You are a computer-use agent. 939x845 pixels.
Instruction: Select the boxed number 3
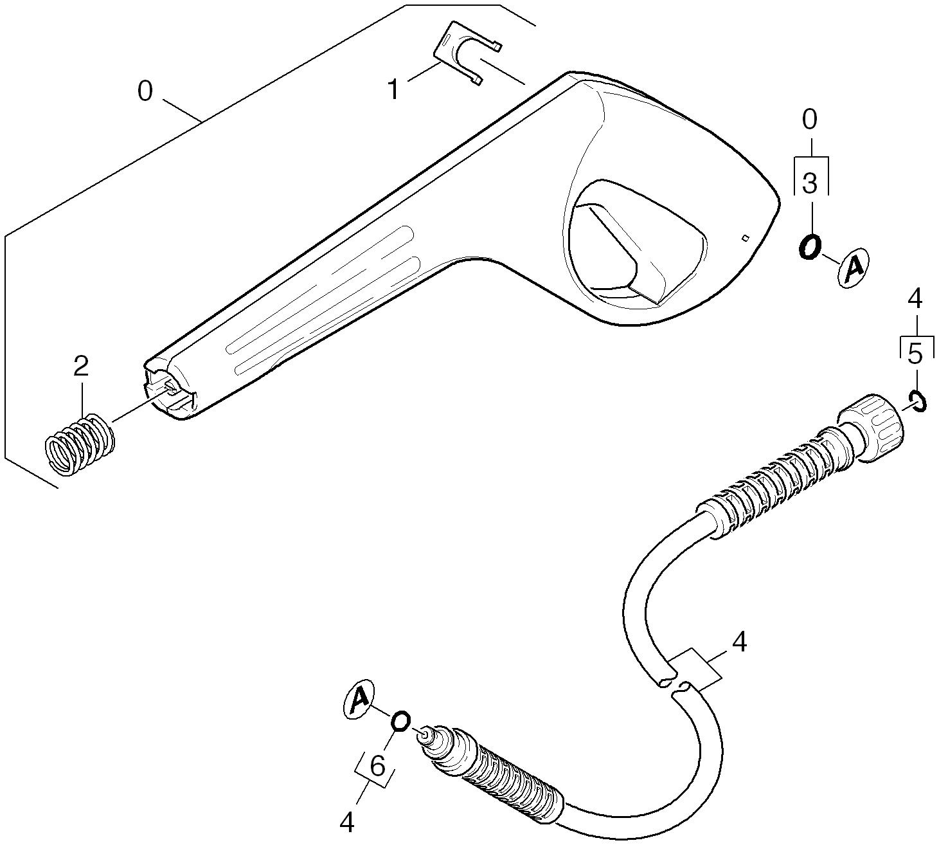pyautogui.click(x=810, y=184)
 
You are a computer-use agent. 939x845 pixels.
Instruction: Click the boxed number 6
pyautogui.click(x=377, y=767)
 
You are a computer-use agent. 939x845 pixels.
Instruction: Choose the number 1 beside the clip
pyautogui.click(x=394, y=90)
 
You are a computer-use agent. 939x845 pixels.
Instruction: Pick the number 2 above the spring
pyautogui.click(x=80, y=367)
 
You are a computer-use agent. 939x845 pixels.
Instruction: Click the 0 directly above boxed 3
pyautogui.click(x=810, y=120)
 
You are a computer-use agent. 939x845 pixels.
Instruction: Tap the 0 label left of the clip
pyautogui.click(x=145, y=91)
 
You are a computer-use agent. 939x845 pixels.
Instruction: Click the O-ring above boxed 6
pyautogui.click(x=401, y=721)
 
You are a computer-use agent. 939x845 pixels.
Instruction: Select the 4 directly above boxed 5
pyautogui.click(x=915, y=299)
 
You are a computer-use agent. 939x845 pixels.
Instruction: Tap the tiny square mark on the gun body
pyautogui.click(x=745, y=237)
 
